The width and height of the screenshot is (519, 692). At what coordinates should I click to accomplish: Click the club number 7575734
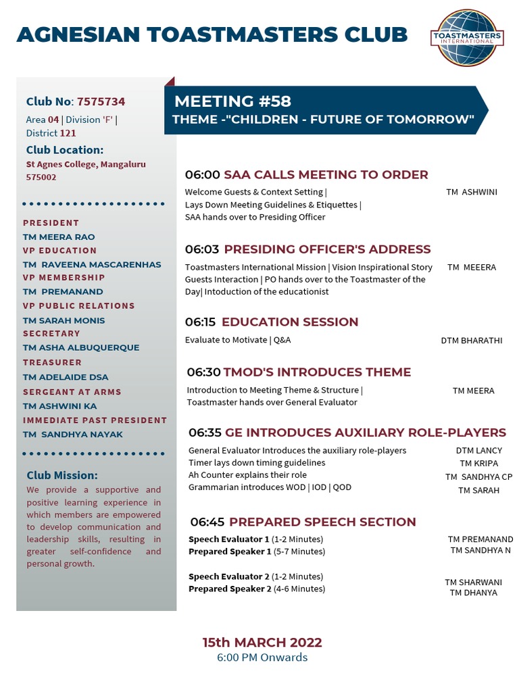(101, 102)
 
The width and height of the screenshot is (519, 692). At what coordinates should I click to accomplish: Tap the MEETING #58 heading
(232, 101)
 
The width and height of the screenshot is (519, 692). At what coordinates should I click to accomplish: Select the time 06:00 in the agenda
(202, 175)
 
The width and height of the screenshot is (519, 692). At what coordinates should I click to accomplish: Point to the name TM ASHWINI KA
(59, 406)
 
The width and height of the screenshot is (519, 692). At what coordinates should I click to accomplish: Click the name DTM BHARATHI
(471, 341)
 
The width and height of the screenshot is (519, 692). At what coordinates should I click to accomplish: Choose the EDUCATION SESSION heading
(290, 322)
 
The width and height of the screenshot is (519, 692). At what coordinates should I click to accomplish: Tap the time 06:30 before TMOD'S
(203, 372)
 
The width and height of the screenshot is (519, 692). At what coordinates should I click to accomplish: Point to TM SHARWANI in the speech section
(473, 583)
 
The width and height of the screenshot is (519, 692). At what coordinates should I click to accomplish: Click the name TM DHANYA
(473, 593)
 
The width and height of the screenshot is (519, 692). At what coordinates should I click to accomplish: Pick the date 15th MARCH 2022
(262, 642)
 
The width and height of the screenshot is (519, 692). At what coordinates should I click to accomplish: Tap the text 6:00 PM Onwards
(262, 658)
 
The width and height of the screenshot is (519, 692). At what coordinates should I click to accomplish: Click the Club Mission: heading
(62, 475)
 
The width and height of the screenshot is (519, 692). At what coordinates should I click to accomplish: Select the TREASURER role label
(52, 363)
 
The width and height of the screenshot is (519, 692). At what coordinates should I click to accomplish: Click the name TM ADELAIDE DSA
(66, 377)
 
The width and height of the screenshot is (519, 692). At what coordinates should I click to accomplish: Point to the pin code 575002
(41, 177)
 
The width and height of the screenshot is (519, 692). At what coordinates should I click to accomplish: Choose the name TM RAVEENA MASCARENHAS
(92, 264)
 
